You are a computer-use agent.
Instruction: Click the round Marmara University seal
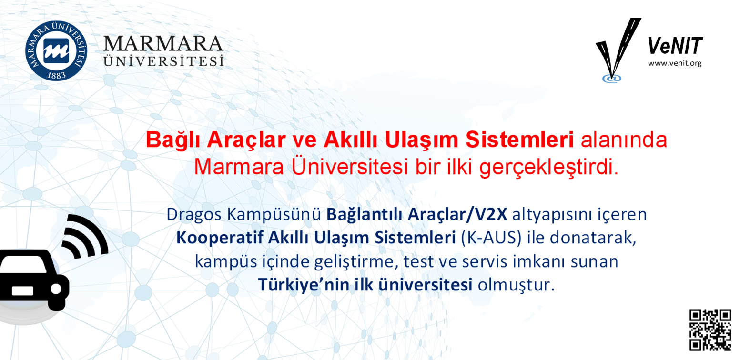[x=56, y=50]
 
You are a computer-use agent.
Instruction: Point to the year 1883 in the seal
[x=57, y=76]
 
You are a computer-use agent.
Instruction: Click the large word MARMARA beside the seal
[x=163, y=44]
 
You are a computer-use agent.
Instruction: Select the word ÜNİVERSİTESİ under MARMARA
[x=163, y=61]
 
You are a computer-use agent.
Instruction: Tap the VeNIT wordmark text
[x=675, y=46]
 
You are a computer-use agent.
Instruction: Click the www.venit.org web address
[x=675, y=63]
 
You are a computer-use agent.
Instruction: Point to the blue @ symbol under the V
[x=611, y=79]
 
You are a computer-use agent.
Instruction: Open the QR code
[x=710, y=330]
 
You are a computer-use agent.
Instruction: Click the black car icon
[x=33, y=279]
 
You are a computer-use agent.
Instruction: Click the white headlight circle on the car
[x=56, y=289]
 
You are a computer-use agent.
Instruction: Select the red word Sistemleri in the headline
[x=519, y=140]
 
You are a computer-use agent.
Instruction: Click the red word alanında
[x=624, y=140]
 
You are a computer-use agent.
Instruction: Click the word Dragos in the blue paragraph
[x=193, y=215]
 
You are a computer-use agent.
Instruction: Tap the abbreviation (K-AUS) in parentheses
[x=491, y=238]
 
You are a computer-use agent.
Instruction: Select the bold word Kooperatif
[x=220, y=238]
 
